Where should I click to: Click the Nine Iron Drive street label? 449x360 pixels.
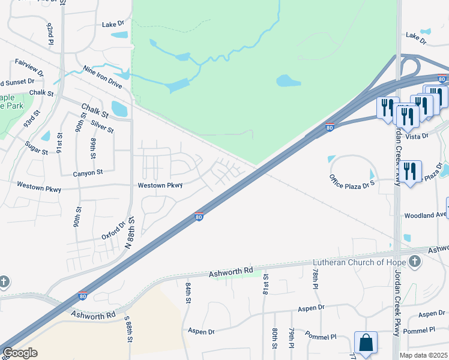point(103,77)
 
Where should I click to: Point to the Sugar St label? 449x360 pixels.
point(36,148)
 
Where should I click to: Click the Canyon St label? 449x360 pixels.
point(88,172)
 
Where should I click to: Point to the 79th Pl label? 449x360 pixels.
point(291,338)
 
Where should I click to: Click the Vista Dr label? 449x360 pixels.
point(417,136)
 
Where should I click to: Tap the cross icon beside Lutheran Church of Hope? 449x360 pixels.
point(414,262)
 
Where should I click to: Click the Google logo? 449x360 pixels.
point(20,353)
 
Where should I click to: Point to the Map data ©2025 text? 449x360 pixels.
point(423,355)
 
